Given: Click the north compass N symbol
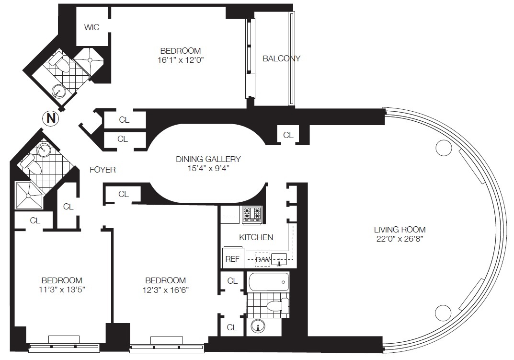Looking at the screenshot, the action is pos(50,119).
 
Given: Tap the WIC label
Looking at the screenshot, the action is pos(92,27).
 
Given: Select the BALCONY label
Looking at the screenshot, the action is pos(281,58).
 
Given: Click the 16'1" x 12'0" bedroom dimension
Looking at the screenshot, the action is pos(180,60).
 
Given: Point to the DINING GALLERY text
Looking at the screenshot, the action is pos(208,159).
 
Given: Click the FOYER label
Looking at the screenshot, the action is pos(103,169).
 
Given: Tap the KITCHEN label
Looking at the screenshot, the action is pos(256,237).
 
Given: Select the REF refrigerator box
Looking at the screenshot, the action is pos(232,258).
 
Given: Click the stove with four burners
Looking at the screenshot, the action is pos(252,214).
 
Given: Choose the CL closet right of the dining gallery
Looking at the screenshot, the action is pos(288,135).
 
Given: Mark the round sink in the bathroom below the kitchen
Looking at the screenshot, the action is pos(259,328).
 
